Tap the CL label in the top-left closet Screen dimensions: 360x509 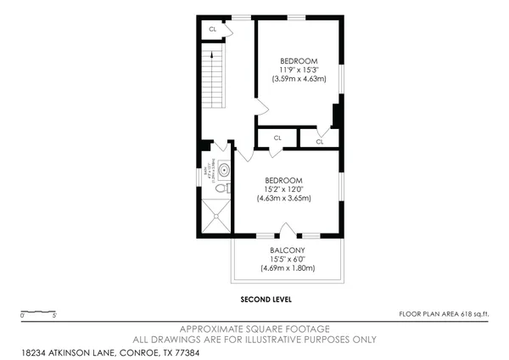(x=213, y=29)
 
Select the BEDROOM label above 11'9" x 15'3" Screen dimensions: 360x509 (x=299, y=61)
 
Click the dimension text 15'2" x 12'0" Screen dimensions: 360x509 (x=284, y=189)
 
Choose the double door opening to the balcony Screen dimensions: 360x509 (x=288, y=230)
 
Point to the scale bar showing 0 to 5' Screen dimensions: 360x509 (x=38, y=312)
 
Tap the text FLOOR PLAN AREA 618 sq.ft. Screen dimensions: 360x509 (x=444, y=313)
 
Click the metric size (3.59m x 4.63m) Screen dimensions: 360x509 (x=299, y=78)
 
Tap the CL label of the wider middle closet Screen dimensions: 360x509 (x=277, y=138)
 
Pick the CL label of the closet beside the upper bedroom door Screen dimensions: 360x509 (x=320, y=142)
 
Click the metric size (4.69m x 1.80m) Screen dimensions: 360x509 (x=288, y=268)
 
